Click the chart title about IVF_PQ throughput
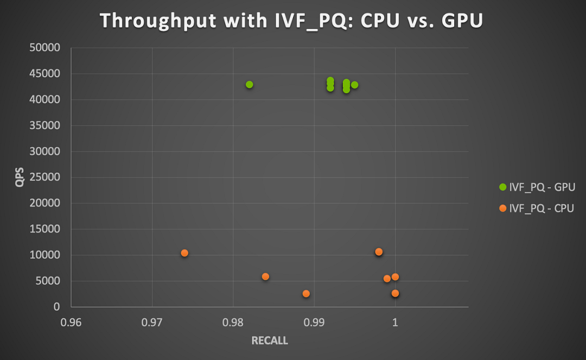[291, 21]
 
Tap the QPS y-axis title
[20, 177]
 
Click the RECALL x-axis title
[269, 341]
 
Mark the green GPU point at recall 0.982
[250, 85]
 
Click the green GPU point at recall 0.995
[355, 85]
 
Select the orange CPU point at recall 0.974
[184, 253]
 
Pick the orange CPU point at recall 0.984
[265, 276]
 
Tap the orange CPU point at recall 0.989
[306, 294]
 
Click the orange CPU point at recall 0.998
[379, 252]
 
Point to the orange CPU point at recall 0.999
[387, 279]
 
